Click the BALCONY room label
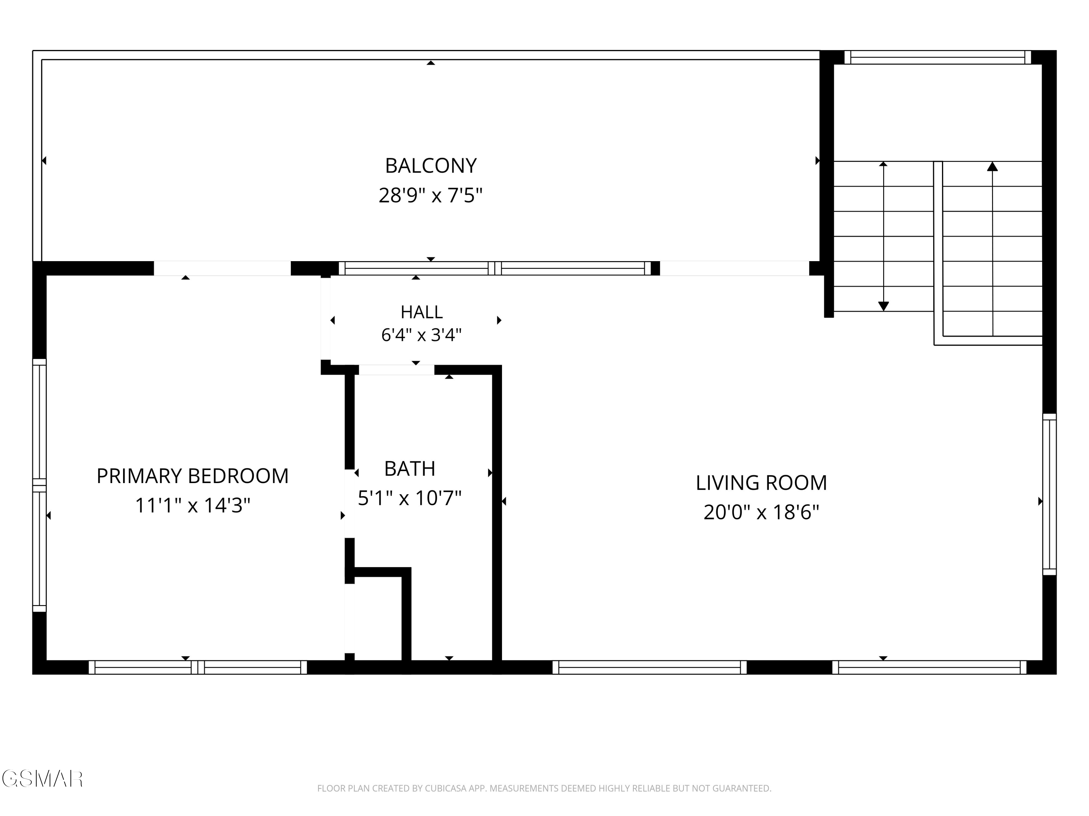(431, 166)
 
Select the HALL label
(421, 312)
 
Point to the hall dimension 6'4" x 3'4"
(421, 335)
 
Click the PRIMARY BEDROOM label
(192, 476)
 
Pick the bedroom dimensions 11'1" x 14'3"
(192, 505)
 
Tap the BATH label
(409, 469)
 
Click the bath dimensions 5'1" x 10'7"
(409, 498)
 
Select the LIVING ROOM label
(761, 483)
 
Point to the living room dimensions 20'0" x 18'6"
(761, 512)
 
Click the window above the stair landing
(938, 58)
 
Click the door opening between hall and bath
(396, 370)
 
